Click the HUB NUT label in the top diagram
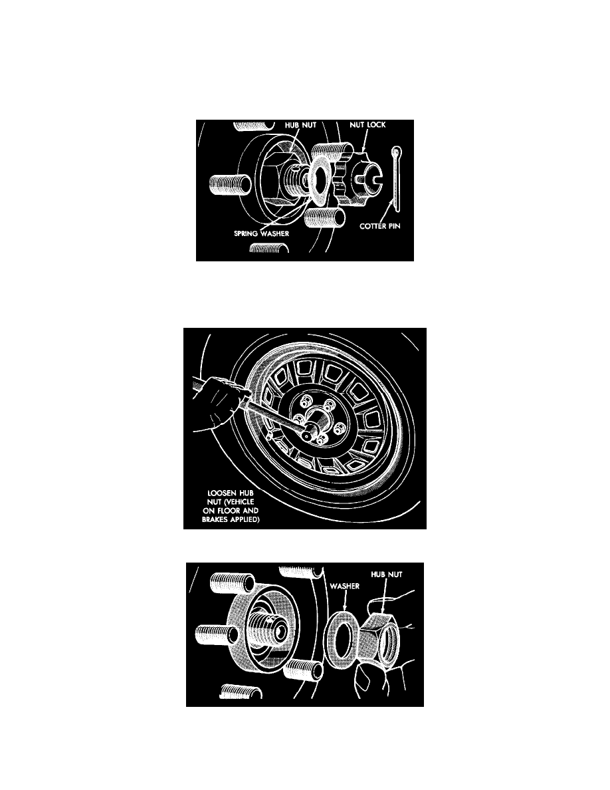300,125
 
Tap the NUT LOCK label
367,125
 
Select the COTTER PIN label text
380,226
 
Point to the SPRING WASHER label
262,233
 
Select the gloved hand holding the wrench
217,403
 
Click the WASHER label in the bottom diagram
345,586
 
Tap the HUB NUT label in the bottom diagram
387,574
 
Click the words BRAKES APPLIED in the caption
231,519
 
